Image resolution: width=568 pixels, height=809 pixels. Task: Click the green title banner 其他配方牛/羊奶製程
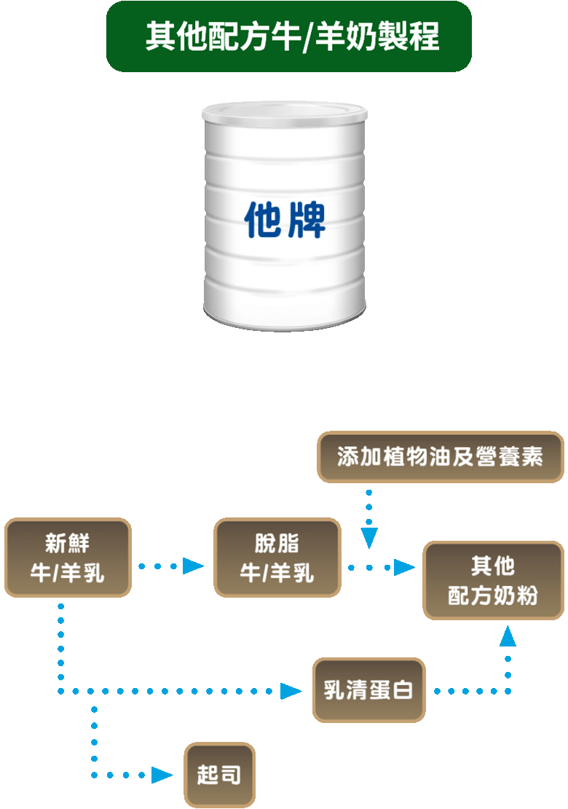(x=289, y=36)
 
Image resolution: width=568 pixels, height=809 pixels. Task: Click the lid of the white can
(x=285, y=112)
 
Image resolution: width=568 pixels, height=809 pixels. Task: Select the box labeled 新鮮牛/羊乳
(x=68, y=558)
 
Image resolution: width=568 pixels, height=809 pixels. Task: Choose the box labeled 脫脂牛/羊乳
(x=277, y=558)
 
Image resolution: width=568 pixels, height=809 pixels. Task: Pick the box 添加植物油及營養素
(x=441, y=457)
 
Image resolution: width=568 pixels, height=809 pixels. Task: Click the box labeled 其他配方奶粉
(x=493, y=581)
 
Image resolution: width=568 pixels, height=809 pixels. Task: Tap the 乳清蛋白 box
(x=368, y=690)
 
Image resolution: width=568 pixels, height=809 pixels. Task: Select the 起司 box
(x=219, y=774)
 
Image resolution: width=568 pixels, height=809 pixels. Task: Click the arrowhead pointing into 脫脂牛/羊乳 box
(x=193, y=566)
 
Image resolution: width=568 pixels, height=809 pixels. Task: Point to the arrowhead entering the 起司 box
(x=162, y=775)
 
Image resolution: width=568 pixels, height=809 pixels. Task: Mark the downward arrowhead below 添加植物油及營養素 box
(x=369, y=539)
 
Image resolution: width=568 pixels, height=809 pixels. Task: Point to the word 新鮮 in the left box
(x=68, y=544)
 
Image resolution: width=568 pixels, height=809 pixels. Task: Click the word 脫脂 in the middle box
(x=277, y=544)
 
